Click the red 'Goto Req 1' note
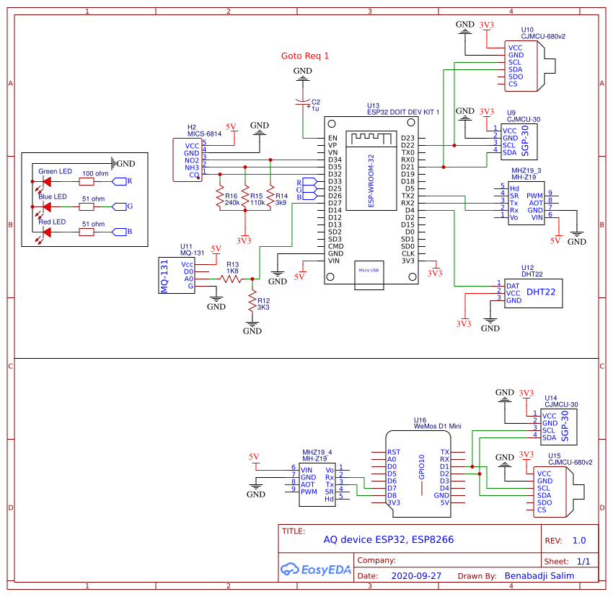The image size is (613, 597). click(x=304, y=56)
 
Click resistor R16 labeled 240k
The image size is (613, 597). click(x=219, y=199)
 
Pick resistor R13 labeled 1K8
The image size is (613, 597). click(x=231, y=278)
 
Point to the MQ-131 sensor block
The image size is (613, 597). click(x=164, y=275)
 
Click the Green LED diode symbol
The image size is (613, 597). click(x=46, y=180)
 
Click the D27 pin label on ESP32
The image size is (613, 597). click(x=335, y=203)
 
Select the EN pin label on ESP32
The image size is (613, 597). click(x=332, y=138)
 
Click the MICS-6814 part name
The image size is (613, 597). click(x=205, y=134)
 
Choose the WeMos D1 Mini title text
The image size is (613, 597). click(x=437, y=427)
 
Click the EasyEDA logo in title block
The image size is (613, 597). click(x=316, y=569)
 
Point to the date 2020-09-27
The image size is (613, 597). click(x=416, y=577)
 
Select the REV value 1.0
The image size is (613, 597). click(x=578, y=540)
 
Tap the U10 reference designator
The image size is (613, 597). click(x=527, y=30)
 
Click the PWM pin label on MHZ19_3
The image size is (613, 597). click(x=534, y=195)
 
